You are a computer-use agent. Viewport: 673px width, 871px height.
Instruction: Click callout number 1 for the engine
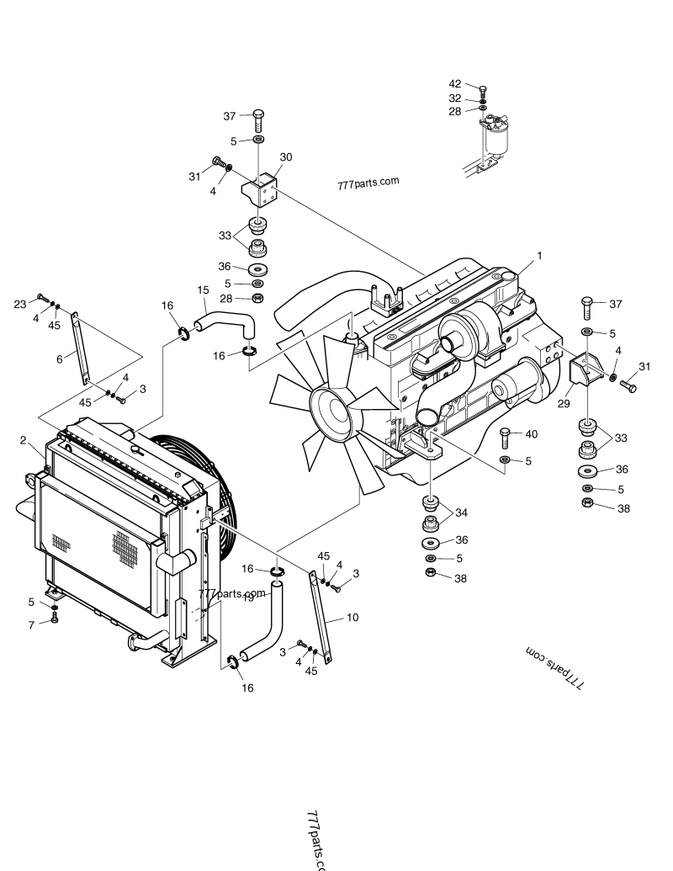(539, 255)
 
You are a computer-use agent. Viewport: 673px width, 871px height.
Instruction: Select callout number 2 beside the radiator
(23, 440)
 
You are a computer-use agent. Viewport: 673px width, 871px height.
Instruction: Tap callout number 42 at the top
(454, 84)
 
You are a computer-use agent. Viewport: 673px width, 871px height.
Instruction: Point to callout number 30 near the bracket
(286, 157)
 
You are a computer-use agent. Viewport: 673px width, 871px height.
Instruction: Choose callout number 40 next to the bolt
(531, 434)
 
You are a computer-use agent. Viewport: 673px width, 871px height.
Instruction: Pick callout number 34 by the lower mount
(461, 513)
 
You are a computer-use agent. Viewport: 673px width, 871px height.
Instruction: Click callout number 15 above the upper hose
(203, 290)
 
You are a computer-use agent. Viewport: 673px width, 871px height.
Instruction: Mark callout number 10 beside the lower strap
(352, 618)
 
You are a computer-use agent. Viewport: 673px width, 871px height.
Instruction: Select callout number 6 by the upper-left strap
(60, 358)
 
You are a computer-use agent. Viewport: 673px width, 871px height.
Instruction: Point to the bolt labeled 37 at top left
(258, 116)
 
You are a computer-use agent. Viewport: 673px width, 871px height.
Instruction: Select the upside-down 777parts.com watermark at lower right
(556, 665)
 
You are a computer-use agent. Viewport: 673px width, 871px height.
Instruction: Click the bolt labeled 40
(504, 438)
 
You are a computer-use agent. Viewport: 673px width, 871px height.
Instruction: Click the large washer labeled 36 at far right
(586, 470)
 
